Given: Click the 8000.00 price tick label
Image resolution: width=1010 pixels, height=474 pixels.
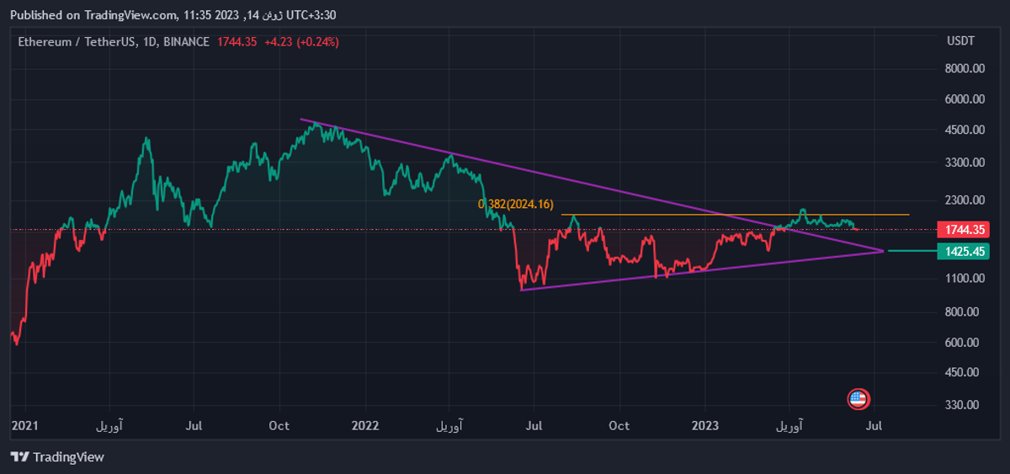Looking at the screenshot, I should click(x=965, y=69).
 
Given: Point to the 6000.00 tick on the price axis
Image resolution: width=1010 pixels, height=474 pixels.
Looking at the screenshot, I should click(x=965, y=99).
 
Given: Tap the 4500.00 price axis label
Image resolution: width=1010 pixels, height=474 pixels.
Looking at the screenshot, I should click(x=965, y=130).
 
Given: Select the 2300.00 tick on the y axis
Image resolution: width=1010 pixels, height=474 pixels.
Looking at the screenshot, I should click(x=965, y=200).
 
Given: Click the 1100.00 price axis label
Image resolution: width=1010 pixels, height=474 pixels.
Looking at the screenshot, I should click(x=965, y=279).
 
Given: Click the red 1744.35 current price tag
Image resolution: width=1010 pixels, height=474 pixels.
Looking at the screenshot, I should click(x=965, y=230).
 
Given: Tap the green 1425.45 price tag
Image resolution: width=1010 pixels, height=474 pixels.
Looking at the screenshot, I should click(x=965, y=252).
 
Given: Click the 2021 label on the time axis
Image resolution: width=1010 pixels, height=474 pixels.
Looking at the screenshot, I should click(x=25, y=426).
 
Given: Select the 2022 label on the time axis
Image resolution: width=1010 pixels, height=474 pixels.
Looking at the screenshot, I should click(x=365, y=426).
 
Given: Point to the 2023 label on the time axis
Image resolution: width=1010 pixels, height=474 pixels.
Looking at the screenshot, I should click(x=705, y=426).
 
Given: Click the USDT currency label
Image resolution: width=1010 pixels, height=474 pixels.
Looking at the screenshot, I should click(x=960, y=41).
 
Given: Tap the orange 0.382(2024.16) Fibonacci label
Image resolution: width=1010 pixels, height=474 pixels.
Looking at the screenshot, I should click(x=516, y=204).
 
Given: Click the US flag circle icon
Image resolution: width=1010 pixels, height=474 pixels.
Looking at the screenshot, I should click(x=858, y=399).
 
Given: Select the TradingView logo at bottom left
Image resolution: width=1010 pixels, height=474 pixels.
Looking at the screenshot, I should click(x=57, y=457).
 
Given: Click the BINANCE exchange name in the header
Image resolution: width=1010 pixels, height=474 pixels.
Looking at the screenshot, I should click(x=186, y=41).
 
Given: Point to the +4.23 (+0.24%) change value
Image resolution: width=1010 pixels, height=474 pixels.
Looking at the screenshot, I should click(x=301, y=41).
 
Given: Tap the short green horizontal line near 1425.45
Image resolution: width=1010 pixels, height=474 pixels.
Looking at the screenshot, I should click(x=912, y=251).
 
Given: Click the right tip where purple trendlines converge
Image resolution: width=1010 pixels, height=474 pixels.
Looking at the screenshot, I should click(x=884, y=251).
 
